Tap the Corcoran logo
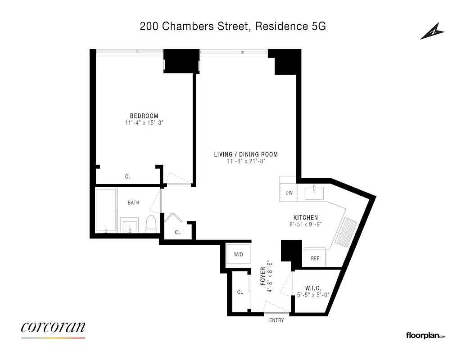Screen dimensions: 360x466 coord(53,327)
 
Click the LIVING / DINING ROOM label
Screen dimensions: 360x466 coord(246,154)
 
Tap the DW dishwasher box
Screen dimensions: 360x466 coord(289,193)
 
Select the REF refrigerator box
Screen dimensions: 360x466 coord(315,259)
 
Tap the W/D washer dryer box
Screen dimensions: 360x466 coord(238,255)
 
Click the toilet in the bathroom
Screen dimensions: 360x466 coord(151,224)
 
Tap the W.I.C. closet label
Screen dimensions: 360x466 coord(312,288)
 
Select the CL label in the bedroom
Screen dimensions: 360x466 coord(128,177)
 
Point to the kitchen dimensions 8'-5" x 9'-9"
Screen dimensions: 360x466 coord(306,224)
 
